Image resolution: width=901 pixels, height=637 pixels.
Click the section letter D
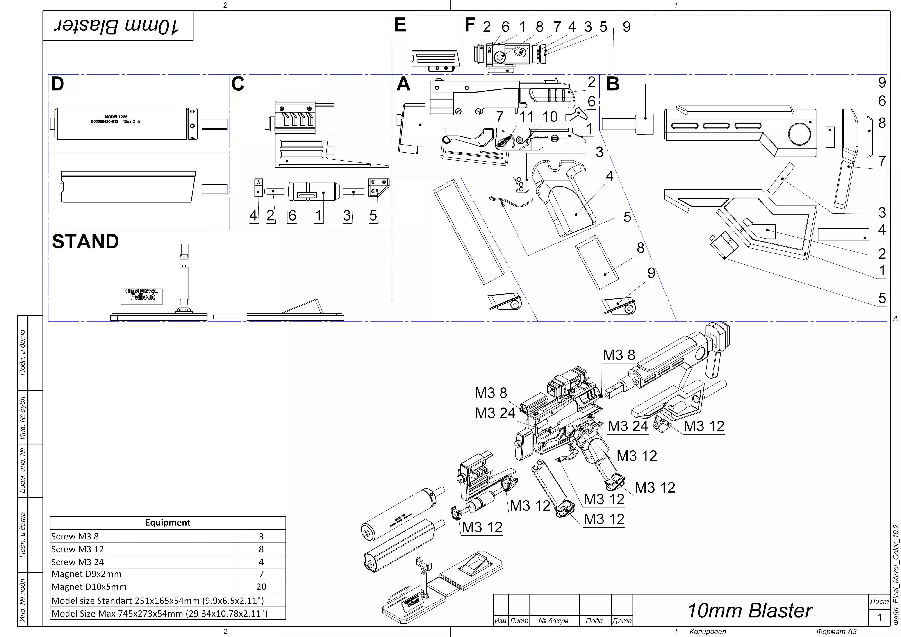pyautogui.click(x=57, y=84)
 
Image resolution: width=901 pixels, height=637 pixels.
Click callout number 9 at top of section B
pyautogui.click(x=882, y=83)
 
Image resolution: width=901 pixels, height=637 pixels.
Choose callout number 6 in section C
pyautogui.click(x=292, y=216)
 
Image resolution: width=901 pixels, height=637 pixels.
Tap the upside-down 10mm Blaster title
pyautogui.click(x=118, y=26)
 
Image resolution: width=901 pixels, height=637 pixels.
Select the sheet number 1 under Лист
pyautogui.click(x=879, y=618)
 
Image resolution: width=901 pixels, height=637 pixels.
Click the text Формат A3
pyautogui.click(x=836, y=632)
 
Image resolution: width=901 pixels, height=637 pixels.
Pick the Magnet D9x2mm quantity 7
pyautogui.click(x=261, y=574)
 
